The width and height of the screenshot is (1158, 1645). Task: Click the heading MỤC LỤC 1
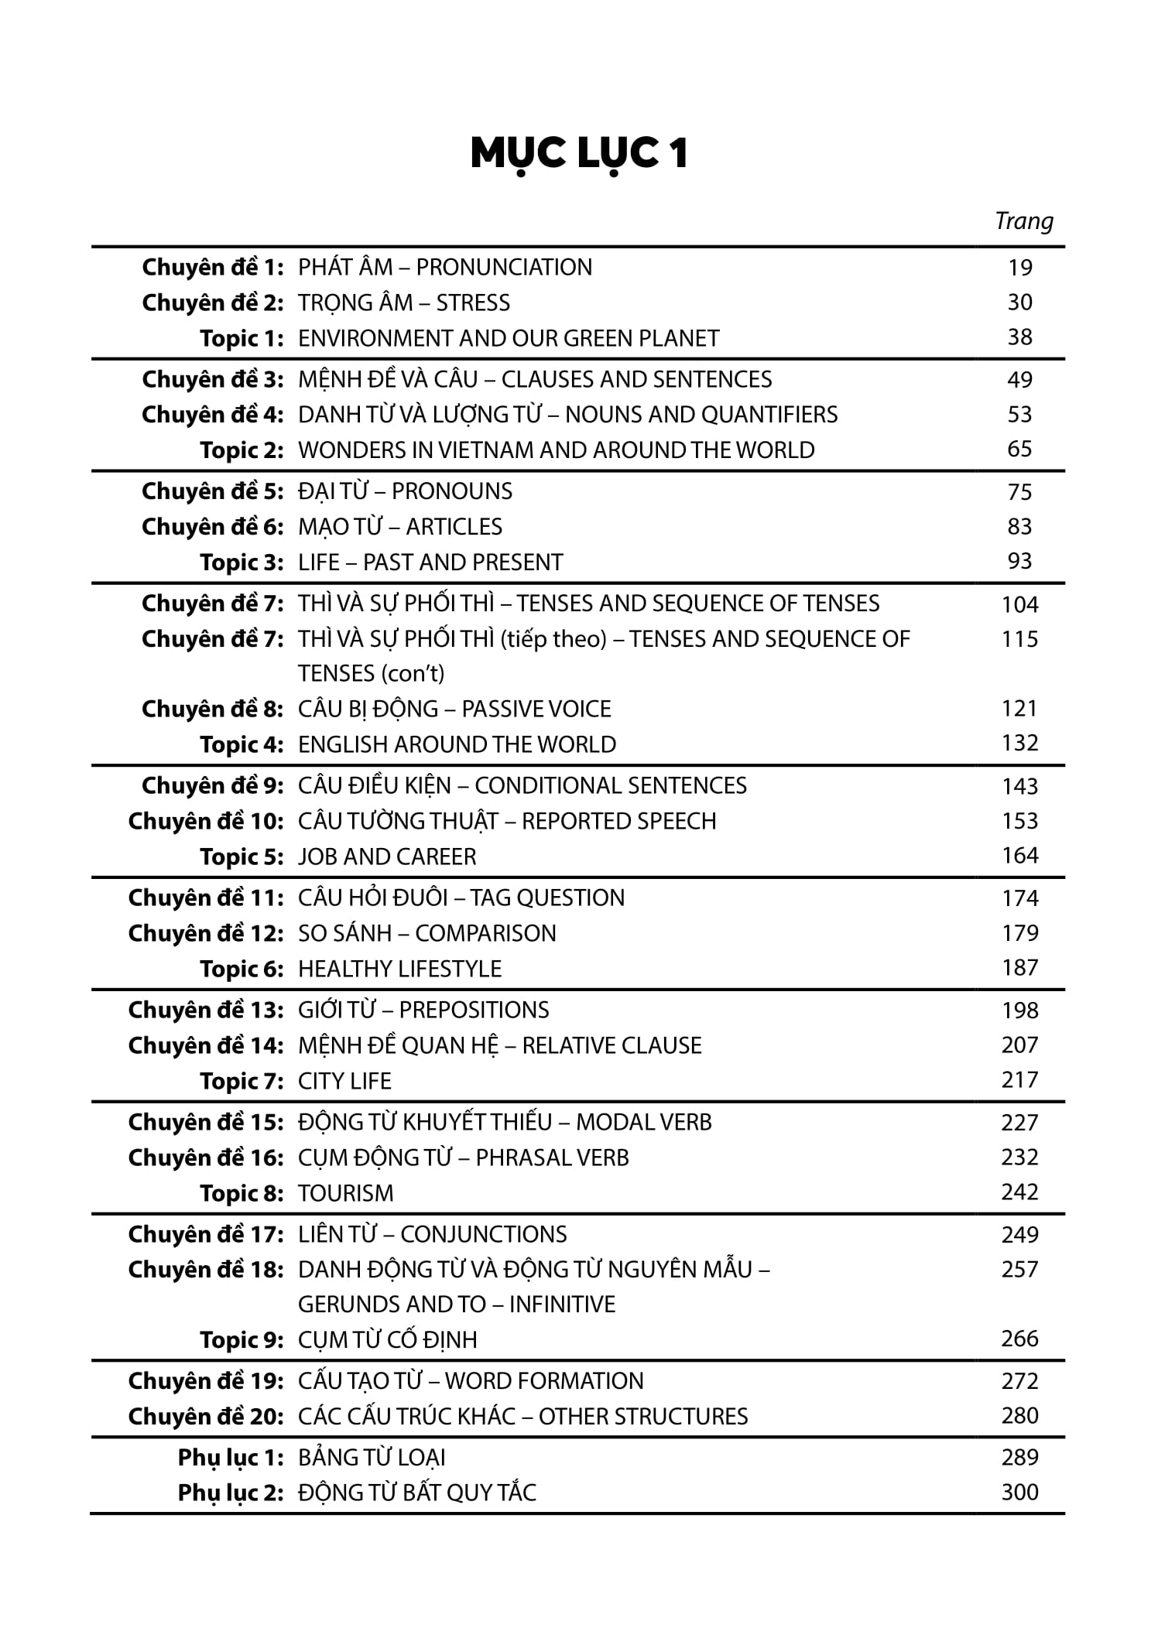(579, 154)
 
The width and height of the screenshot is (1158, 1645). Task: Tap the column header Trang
(1023, 221)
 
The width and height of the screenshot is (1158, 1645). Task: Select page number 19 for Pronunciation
(1019, 268)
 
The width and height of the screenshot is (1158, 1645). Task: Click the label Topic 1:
(242, 338)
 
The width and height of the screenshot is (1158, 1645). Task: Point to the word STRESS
(473, 303)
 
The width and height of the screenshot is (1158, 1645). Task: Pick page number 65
(1019, 450)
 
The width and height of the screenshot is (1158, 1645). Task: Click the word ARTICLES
(454, 527)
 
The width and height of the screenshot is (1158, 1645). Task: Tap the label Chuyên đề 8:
(213, 709)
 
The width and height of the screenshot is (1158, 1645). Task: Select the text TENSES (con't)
(372, 674)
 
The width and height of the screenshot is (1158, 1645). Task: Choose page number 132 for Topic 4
(1019, 744)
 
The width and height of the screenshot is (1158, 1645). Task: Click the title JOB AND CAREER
(387, 857)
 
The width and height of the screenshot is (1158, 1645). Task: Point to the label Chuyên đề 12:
(206, 933)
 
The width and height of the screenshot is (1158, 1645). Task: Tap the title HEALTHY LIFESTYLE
(399, 969)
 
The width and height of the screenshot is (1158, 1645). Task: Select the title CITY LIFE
(344, 1081)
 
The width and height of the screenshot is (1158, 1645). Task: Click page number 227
(1019, 1123)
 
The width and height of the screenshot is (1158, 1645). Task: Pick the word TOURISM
(345, 1193)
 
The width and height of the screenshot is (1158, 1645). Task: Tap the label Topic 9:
(242, 1339)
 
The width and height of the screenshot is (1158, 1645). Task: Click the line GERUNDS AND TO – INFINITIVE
(457, 1305)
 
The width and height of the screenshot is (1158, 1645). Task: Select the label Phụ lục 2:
(231, 1493)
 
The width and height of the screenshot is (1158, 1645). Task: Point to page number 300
(1019, 1493)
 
